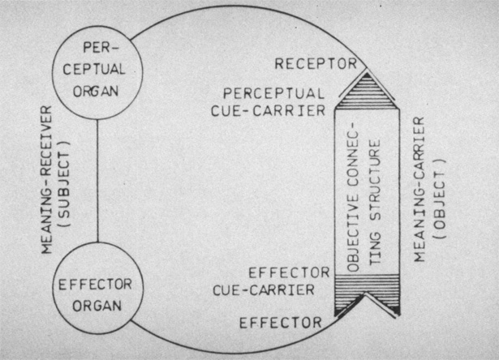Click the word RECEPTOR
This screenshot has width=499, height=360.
coord(314,63)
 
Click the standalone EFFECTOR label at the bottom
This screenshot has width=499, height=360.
coord(280,323)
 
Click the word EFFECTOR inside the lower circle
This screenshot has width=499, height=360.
coord(96,287)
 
